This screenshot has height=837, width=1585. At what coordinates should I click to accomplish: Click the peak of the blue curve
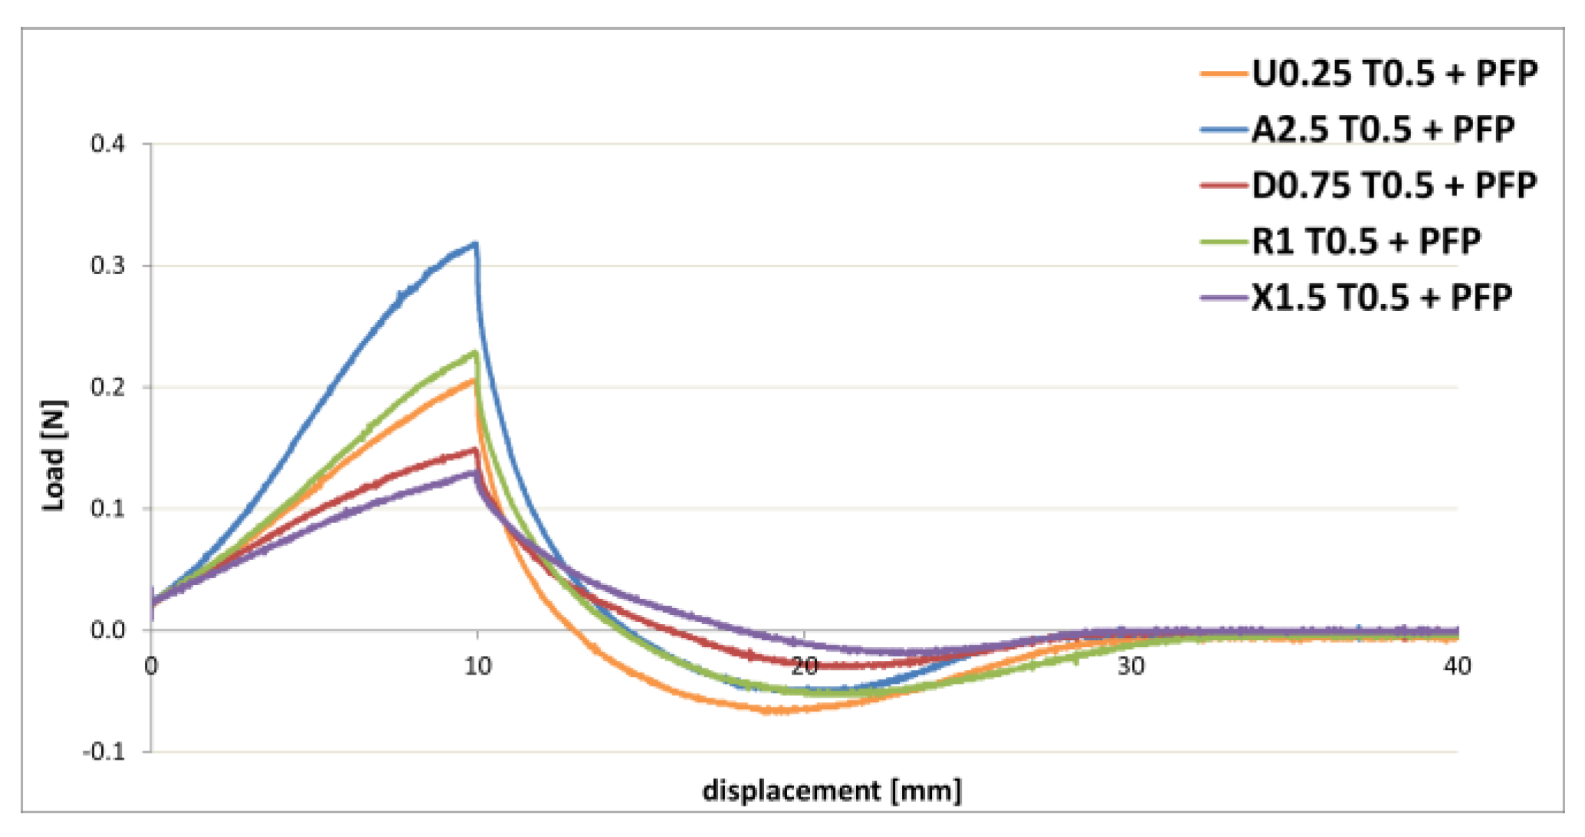click(x=476, y=244)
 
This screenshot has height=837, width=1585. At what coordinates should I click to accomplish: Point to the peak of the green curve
click(x=476, y=352)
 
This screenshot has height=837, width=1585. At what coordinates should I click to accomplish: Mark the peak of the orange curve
click(x=474, y=379)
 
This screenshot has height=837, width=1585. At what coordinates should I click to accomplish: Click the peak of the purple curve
click(x=476, y=472)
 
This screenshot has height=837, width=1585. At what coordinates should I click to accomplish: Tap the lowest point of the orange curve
click(x=774, y=711)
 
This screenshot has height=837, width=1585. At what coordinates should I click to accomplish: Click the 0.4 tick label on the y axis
click(x=107, y=144)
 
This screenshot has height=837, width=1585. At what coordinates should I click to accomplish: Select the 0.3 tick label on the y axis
click(x=107, y=266)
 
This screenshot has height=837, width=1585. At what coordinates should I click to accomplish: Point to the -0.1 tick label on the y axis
click(x=103, y=752)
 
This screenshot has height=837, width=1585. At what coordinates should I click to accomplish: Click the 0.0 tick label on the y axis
click(x=107, y=630)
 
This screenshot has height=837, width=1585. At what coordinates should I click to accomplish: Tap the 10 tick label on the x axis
click(x=477, y=667)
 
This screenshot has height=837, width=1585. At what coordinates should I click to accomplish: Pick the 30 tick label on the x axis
click(x=1131, y=667)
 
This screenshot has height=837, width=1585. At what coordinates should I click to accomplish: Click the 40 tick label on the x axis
click(x=1456, y=667)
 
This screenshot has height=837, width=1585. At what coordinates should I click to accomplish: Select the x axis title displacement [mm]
click(x=832, y=790)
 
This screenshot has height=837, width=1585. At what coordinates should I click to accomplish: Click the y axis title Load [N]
click(x=54, y=455)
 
